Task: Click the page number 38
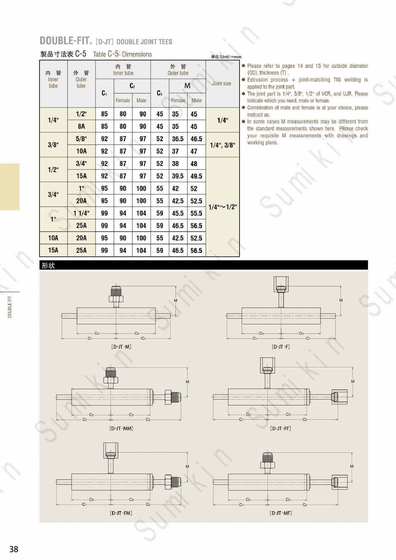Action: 14,549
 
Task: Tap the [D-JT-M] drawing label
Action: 121,347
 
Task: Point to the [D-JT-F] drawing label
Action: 281,347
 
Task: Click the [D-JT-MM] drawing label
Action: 121,428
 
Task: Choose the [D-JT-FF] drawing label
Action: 280,428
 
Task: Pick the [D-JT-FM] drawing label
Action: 121,513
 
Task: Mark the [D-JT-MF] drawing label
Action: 281,513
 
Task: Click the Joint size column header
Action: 221,84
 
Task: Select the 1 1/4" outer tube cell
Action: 82,213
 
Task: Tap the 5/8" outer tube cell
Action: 82,139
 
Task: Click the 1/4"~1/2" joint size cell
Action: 222,207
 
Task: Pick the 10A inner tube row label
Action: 53,238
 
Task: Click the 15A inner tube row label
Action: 53,250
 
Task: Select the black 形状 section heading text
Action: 48,265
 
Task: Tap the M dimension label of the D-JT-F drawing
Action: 341,300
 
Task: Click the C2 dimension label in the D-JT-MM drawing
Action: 148,420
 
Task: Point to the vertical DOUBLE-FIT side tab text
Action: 10,307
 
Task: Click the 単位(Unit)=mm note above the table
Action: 226,57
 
